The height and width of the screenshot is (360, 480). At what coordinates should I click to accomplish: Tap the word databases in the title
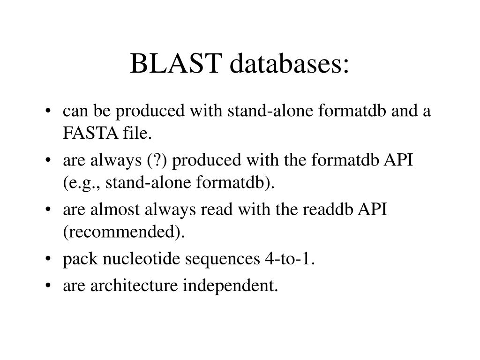point(289,64)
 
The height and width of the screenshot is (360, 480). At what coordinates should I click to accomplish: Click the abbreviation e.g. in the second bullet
point(83,183)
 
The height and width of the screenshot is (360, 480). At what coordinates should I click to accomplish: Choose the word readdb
point(329,210)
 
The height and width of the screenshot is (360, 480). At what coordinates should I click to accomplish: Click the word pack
point(77,259)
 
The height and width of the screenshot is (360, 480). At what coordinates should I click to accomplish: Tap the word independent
point(230,285)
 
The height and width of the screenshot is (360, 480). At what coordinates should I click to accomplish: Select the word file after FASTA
point(136,134)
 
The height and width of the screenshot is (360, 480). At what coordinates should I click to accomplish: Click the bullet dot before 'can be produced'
point(50,112)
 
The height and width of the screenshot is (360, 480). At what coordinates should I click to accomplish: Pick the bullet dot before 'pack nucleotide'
point(50,259)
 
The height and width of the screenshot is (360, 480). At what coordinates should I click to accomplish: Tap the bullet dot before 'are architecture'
point(50,285)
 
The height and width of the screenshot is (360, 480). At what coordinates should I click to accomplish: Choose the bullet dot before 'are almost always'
point(50,210)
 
